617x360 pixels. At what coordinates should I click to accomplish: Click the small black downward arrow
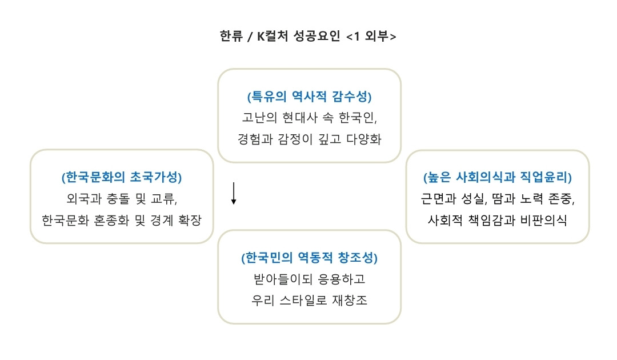click(234, 194)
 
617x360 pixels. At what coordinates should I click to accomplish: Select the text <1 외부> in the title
click(371, 36)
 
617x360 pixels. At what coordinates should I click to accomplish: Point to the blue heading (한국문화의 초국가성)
click(122, 177)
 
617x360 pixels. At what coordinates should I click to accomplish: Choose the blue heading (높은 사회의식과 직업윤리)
click(497, 177)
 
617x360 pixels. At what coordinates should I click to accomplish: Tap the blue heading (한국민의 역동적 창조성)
click(309, 258)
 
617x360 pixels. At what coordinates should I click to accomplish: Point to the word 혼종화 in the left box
click(113, 220)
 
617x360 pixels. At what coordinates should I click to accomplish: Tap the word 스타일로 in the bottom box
click(308, 301)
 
